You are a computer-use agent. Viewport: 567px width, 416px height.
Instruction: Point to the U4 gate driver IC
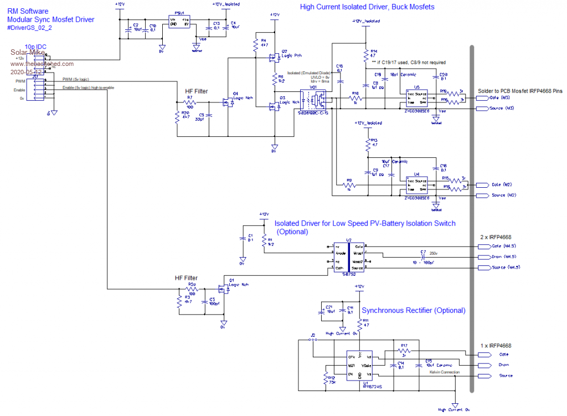[416, 184]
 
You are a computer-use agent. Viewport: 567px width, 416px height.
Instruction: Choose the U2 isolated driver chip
[348, 257]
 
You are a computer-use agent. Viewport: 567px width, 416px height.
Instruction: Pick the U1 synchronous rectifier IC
[359, 365]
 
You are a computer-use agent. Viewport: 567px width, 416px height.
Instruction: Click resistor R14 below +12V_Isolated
[366, 55]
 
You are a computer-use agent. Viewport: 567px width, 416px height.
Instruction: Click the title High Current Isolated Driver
[367, 7]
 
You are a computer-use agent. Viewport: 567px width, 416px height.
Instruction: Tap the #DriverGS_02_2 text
[30, 28]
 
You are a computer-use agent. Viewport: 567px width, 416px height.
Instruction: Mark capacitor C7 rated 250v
[423, 256]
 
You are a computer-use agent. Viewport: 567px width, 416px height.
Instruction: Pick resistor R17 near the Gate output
[404, 350]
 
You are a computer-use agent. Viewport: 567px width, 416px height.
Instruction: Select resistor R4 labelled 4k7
[255, 45]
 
